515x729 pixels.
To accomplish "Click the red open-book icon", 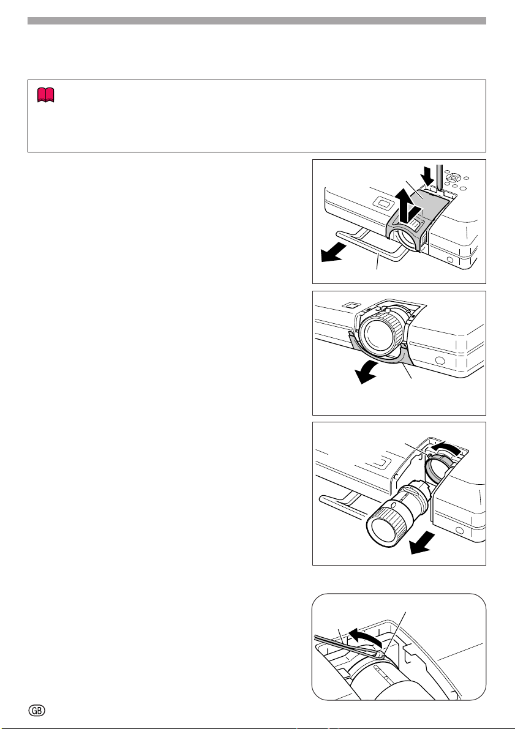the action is click(x=45, y=95).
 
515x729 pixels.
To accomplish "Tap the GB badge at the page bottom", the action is click(x=37, y=710).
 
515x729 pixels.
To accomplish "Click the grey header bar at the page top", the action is click(x=257, y=21).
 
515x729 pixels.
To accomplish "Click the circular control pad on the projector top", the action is click(x=453, y=178).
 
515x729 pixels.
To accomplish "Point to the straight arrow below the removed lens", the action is click(x=423, y=544).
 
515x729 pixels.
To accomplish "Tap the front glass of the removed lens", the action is click(x=383, y=531).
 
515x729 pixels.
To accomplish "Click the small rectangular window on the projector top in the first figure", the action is click(x=384, y=203).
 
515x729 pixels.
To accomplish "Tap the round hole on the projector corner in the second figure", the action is click(x=439, y=361).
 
